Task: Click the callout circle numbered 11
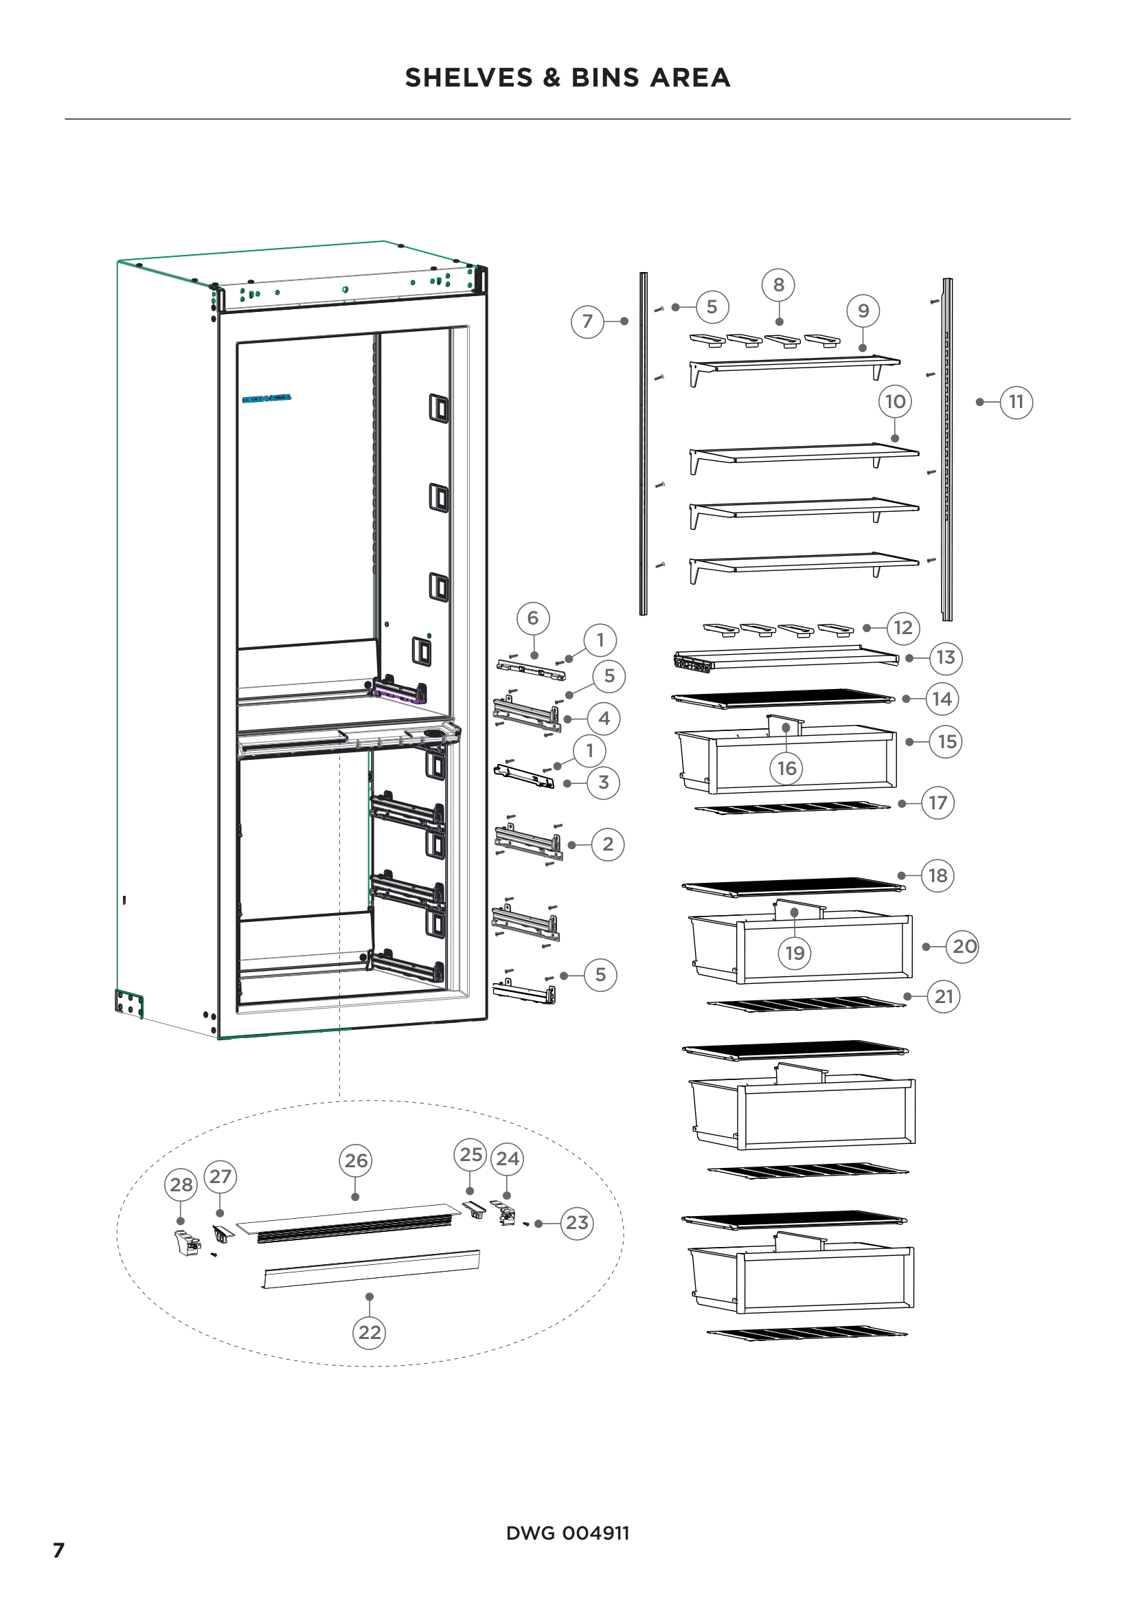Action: click(x=1016, y=402)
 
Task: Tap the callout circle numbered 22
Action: click(x=370, y=1332)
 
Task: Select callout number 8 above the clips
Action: click(x=779, y=285)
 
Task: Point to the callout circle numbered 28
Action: click(x=181, y=1184)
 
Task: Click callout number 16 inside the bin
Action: click(x=787, y=768)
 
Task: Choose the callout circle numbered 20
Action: click(x=964, y=946)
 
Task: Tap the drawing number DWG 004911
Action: click(x=567, y=1533)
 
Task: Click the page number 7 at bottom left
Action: click(x=59, y=1549)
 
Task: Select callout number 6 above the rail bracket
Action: click(x=533, y=618)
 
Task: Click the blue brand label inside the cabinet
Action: click(x=266, y=399)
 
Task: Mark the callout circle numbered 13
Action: click(x=945, y=658)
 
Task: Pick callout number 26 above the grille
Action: click(x=356, y=1160)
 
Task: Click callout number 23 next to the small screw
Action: click(x=576, y=1223)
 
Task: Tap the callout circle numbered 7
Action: click(x=588, y=322)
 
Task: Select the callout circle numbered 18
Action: click(x=938, y=875)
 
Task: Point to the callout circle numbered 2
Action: click(x=607, y=844)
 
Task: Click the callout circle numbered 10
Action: click(x=895, y=402)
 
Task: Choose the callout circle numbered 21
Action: click(x=944, y=996)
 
